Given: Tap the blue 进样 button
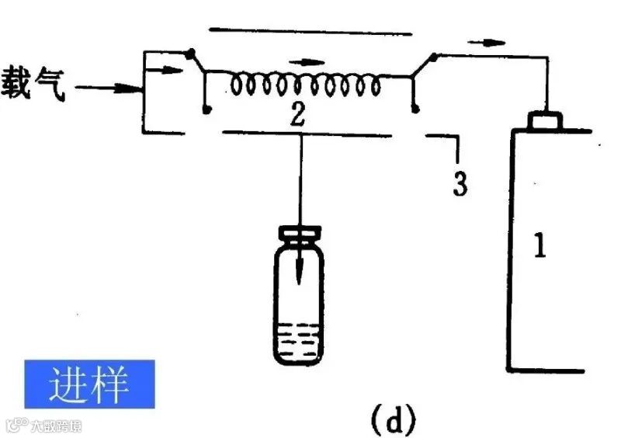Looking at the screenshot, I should pyautogui.click(x=89, y=384).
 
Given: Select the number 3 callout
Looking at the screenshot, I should pyautogui.click(x=460, y=183).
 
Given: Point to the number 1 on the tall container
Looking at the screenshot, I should pyautogui.click(x=541, y=246).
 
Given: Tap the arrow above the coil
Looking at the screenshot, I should pyautogui.click(x=310, y=61).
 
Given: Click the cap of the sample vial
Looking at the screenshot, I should pyautogui.click(x=300, y=233).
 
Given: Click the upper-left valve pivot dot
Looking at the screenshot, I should pyautogui.click(x=189, y=54).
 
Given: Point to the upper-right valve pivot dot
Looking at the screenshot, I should pyautogui.click(x=434, y=57).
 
